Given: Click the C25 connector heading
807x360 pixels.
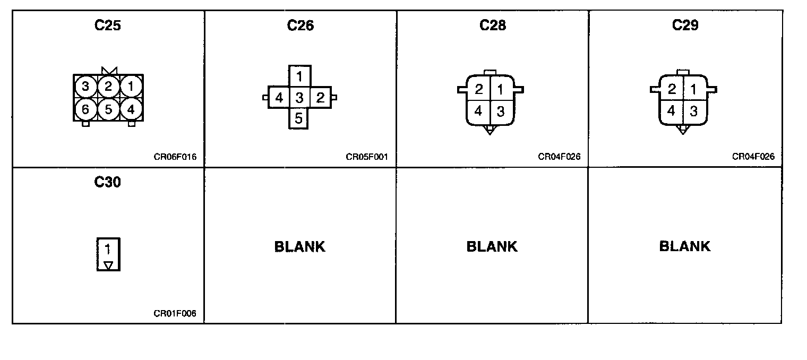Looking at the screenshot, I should (107, 25).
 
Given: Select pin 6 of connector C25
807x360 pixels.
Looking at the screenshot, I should (85, 109).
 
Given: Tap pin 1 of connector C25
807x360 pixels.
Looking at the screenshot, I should (131, 86).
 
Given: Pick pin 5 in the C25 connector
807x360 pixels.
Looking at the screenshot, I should (108, 109).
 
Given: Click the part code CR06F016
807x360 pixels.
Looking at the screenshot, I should (175, 157).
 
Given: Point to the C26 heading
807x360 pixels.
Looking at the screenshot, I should (300, 25).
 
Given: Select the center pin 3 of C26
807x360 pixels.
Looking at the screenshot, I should (299, 98).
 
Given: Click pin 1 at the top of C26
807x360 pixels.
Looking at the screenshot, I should (299, 76).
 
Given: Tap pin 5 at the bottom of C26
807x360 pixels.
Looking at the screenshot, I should (299, 118).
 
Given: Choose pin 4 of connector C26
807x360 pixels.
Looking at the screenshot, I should (279, 98).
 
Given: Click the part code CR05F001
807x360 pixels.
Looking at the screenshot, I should (367, 157).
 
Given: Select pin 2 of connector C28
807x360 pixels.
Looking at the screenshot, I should (478, 89).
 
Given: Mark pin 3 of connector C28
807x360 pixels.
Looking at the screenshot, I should (500, 112).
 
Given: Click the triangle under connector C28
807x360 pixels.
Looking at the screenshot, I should (490, 130).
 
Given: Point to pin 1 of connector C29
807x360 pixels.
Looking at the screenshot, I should (693, 89).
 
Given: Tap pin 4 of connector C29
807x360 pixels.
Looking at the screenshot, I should (672, 112).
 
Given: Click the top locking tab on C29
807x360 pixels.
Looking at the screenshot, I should (683, 72).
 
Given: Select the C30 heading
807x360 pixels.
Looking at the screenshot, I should (107, 182).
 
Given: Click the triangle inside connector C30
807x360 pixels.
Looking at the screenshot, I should (108, 264).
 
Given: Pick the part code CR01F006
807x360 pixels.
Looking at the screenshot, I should (175, 313).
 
